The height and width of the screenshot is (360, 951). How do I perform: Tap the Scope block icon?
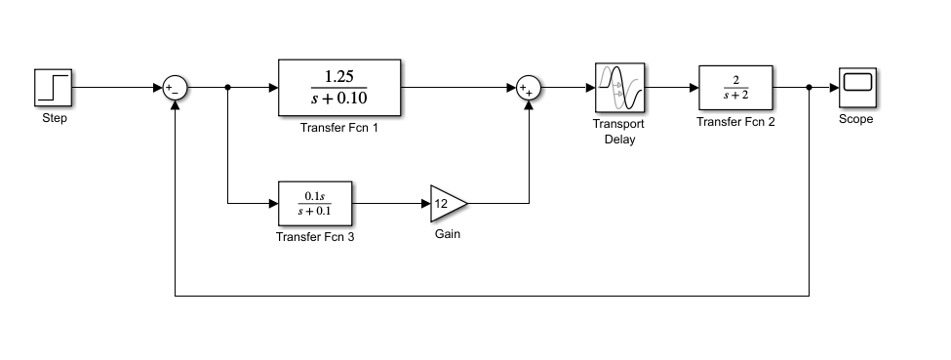tap(856, 87)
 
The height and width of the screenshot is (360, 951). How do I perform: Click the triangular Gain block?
tap(447, 203)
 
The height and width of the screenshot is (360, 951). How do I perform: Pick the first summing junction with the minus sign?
tap(175, 88)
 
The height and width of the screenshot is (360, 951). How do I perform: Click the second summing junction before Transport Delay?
tap(528, 88)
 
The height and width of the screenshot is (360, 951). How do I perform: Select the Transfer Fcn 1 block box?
tap(339, 88)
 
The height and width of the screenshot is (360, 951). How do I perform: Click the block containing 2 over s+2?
tap(735, 88)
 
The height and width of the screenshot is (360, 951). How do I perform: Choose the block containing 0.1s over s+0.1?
tap(315, 203)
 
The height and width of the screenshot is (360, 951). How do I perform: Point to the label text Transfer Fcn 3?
tap(315, 236)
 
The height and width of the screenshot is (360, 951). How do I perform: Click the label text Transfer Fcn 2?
tap(735, 122)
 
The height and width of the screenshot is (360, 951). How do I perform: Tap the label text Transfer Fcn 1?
tap(339, 128)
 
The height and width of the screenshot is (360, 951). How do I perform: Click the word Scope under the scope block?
tap(856, 120)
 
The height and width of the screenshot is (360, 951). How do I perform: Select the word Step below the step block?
tap(55, 119)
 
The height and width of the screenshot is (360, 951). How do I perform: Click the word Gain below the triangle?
tap(448, 234)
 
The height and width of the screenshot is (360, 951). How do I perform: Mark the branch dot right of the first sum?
tap(227, 88)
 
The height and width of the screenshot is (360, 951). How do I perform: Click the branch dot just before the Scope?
tap(810, 88)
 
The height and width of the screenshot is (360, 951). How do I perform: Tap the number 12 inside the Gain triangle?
tap(441, 203)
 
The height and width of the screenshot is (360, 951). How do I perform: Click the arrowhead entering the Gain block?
tap(426, 203)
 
